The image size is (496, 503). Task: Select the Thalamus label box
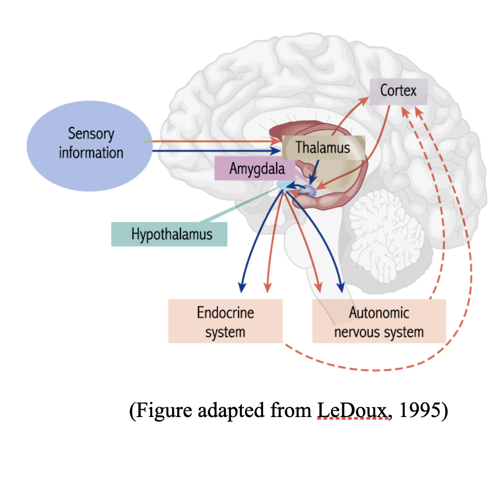[x=323, y=148]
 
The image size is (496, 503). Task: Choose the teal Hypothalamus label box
[x=169, y=234]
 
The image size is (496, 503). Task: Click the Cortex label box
[x=398, y=91]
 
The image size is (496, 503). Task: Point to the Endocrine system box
[x=225, y=321]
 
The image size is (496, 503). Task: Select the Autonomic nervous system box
[x=379, y=321]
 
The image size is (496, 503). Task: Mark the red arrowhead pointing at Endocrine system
[x=266, y=287]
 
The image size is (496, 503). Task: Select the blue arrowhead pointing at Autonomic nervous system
[x=341, y=287]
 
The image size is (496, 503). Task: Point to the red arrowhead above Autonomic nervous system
[x=319, y=286]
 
